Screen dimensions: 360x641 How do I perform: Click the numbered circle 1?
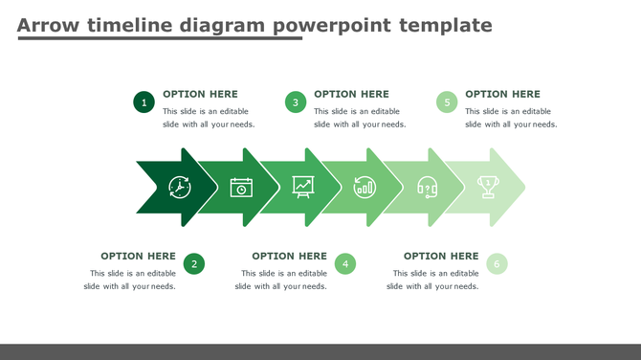(144, 102)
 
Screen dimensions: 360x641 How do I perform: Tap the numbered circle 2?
(194, 264)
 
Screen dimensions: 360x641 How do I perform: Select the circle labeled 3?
(296, 102)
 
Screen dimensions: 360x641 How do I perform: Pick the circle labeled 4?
(345, 264)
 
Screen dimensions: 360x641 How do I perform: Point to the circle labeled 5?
(447, 102)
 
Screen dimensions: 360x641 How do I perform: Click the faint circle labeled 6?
(497, 264)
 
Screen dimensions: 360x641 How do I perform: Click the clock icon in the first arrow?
(180, 187)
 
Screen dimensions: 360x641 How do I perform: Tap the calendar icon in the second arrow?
(241, 187)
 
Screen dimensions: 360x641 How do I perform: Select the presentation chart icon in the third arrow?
(303, 186)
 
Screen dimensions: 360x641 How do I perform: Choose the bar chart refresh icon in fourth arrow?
(365, 187)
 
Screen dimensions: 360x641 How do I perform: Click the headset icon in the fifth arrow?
(427, 187)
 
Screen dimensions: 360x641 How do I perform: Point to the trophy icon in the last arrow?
(488, 186)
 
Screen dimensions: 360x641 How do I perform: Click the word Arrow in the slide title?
(47, 25)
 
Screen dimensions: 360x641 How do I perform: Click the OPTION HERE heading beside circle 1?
(200, 94)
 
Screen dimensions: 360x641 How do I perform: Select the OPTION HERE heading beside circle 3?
(351, 94)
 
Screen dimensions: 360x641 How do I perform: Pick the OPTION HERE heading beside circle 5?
(502, 94)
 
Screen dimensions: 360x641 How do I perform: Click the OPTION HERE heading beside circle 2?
(138, 256)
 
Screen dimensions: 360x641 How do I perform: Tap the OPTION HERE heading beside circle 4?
(289, 256)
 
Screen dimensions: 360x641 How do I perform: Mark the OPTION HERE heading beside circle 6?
(441, 256)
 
